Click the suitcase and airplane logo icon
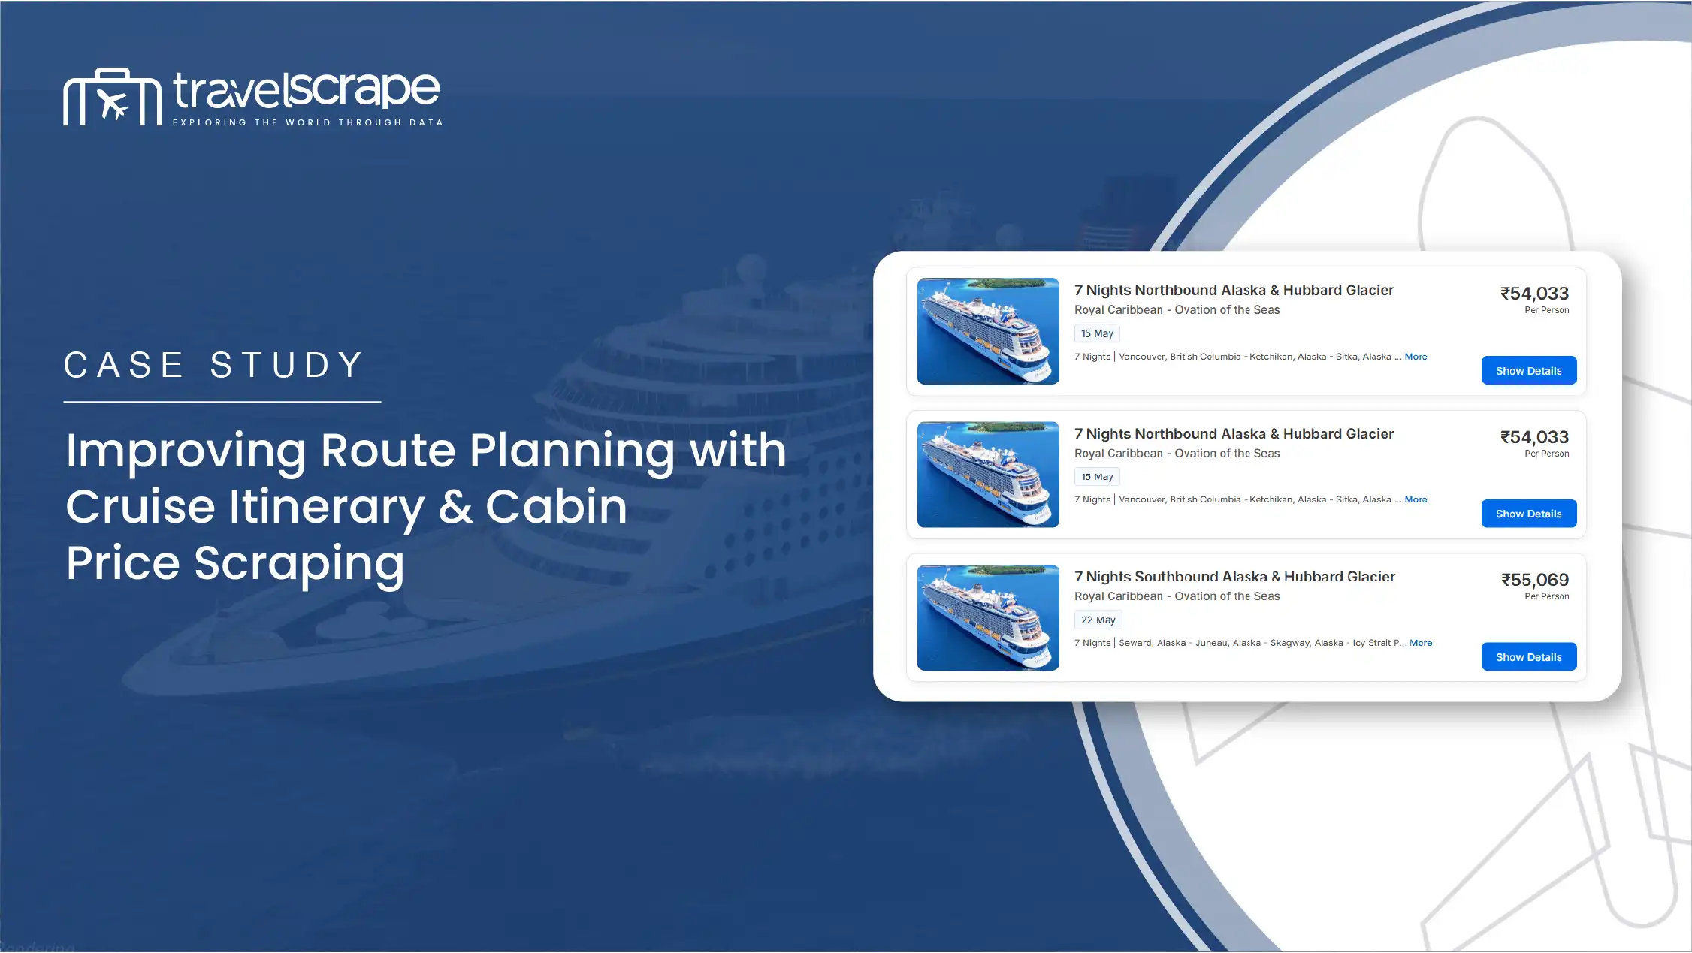click(112, 97)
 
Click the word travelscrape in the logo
click(307, 90)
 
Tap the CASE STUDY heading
click(214, 366)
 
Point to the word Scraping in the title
click(299, 565)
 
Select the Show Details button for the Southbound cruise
click(1528, 657)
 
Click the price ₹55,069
click(1534, 580)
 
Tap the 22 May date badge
click(1098, 620)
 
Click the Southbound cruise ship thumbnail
click(988, 617)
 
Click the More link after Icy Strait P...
click(1421, 643)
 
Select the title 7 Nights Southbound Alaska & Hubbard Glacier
click(1234, 577)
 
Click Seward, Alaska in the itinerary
click(1152, 643)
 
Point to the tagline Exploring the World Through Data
click(307, 122)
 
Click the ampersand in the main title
click(455, 507)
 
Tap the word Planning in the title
click(573, 452)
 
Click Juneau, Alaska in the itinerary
click(1228, 643)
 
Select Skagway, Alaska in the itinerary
click(1307, 643)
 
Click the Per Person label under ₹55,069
click(1546, 596)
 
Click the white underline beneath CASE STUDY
click(222, 402)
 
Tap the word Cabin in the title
click(556, 507)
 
